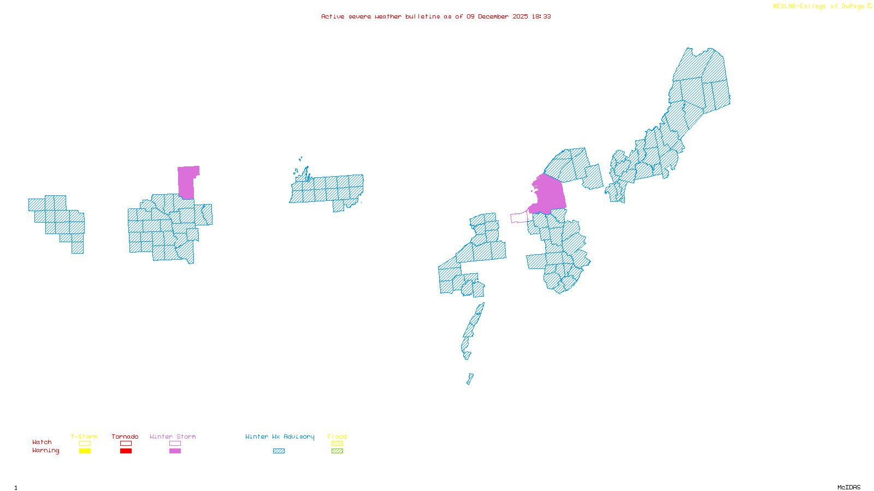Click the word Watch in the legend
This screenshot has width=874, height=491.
[x=42, y=442]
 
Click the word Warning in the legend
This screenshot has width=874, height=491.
[x=45, y=451]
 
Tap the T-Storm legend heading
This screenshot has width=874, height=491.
[x=84, y=436]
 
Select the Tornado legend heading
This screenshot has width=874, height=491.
[x=125, y=436]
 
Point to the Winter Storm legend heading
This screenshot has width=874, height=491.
[x=173, y=436]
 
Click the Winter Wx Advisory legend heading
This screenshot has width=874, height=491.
[x=280, y=436]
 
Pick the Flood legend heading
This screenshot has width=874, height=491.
[x=337, y=436]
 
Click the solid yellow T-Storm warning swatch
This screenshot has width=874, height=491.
[x=85, y=451]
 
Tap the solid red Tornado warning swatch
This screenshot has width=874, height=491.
[x=126, y=451]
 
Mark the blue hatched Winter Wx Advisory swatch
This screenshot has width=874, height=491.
[x=279, y=451]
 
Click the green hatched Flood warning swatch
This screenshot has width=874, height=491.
[x=337, y=451]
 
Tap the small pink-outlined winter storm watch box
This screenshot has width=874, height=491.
[x=519, y=218]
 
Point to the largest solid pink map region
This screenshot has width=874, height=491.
[x=550, y=194]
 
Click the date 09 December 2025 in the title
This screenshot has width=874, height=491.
[x=497, y=16]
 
